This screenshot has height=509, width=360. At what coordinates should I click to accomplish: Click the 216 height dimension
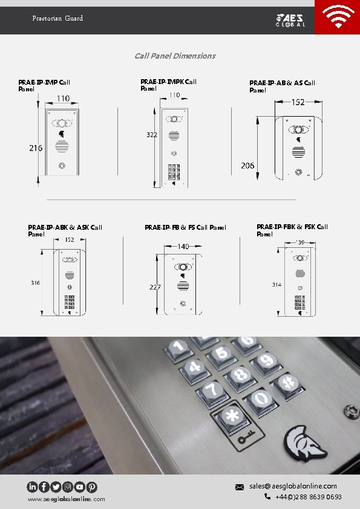click(x=36, y=148)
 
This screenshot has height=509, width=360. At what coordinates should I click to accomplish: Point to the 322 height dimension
click(x=152, y=135)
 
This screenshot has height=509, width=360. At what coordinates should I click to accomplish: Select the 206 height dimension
click(x=247, y=166)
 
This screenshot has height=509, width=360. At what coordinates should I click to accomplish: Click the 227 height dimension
click(x=155, y=287)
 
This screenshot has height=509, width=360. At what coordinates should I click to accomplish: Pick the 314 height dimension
click(x=277, y=284)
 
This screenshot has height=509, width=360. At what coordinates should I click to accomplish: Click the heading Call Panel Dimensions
click(x=175, y=56)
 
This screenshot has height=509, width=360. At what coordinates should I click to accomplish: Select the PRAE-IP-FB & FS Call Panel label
click(x=185, y=227)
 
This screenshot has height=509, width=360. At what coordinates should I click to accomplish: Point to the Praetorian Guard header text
click(x=57, y=18)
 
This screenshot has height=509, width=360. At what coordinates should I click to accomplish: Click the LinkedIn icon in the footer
click(x=32, y=487)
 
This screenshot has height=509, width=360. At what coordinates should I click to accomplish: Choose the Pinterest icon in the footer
click(x=92, y=487)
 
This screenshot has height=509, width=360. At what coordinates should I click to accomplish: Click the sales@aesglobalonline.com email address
click(x=293, y=486)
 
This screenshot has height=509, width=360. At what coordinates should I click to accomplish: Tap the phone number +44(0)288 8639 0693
click(x=308, y=497)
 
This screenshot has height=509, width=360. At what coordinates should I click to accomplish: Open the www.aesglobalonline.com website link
click(x=66, y=499)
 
